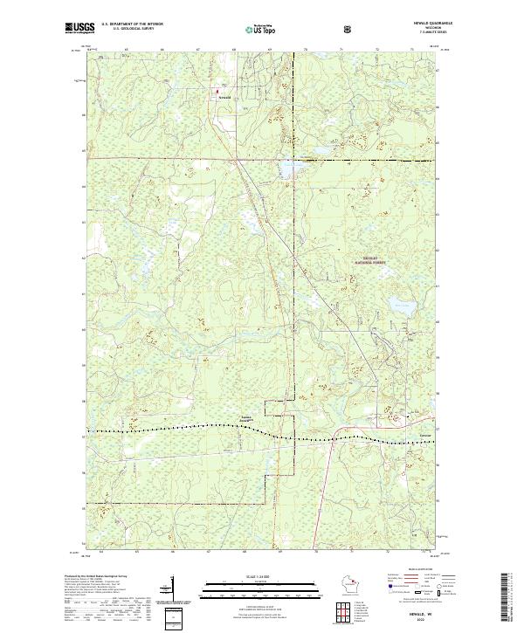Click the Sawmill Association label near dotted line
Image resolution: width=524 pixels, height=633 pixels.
[247, 418]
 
